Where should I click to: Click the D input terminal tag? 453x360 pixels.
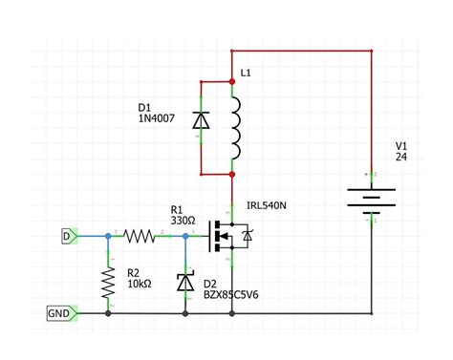[x=67, y=235]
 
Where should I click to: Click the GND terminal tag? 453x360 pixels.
[x=58, y=312]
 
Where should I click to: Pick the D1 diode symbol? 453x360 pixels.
[x=200, y=121]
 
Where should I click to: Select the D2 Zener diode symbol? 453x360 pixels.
[x=184, y=283]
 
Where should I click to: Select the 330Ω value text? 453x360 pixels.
[x=183, y=221]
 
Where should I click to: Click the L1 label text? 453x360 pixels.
[x=246, y=73]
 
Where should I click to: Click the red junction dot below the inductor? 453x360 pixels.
[x=232, y=175]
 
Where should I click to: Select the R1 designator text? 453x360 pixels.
[x=177, y=208]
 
